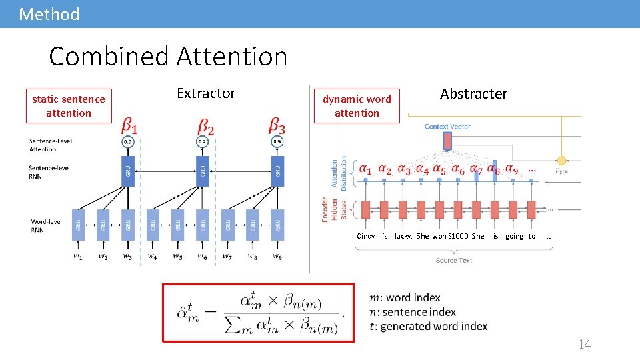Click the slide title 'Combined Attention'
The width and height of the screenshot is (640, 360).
pos(168,57)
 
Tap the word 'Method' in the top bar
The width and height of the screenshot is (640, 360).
pos(49,14)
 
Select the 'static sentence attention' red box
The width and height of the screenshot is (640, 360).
pos(69,106)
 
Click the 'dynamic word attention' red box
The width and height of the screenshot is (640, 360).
pos(357,106)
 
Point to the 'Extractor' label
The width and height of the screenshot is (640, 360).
pos(206,93)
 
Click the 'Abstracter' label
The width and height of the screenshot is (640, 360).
pos(473,94)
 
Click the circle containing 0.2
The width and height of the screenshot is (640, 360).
pos(203,142)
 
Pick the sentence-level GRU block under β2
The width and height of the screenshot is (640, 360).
pos(203,171)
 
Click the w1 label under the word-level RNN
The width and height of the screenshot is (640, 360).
pos(78,256)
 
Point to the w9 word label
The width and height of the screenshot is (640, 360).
pos(277,256)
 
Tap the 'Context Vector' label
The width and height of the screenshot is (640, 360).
pos(447,127)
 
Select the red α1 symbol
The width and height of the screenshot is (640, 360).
pos(365,170)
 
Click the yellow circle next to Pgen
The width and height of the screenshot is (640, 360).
pos(562,161)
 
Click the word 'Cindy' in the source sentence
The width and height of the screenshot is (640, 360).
pos(366,236)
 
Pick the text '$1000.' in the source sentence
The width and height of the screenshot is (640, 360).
pos(460,236)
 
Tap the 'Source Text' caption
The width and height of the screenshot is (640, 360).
pos(454,261)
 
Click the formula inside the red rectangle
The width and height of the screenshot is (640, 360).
pos(259,312)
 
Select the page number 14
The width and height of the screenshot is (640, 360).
pos(585,344)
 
